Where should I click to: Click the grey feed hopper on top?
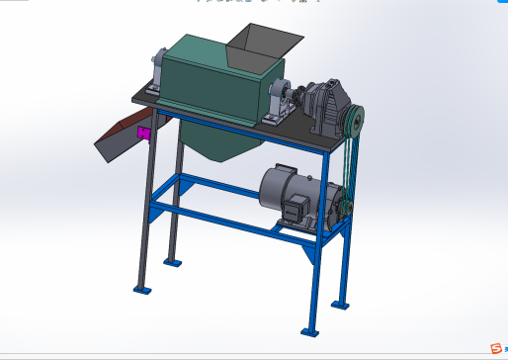click(262, 42)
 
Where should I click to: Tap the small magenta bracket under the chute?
click(144, 133)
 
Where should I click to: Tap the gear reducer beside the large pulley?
click(324, 104)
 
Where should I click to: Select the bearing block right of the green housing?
click(279, 102)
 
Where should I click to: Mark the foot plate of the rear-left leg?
click(174, 263)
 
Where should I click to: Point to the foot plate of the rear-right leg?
click(342, 303)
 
